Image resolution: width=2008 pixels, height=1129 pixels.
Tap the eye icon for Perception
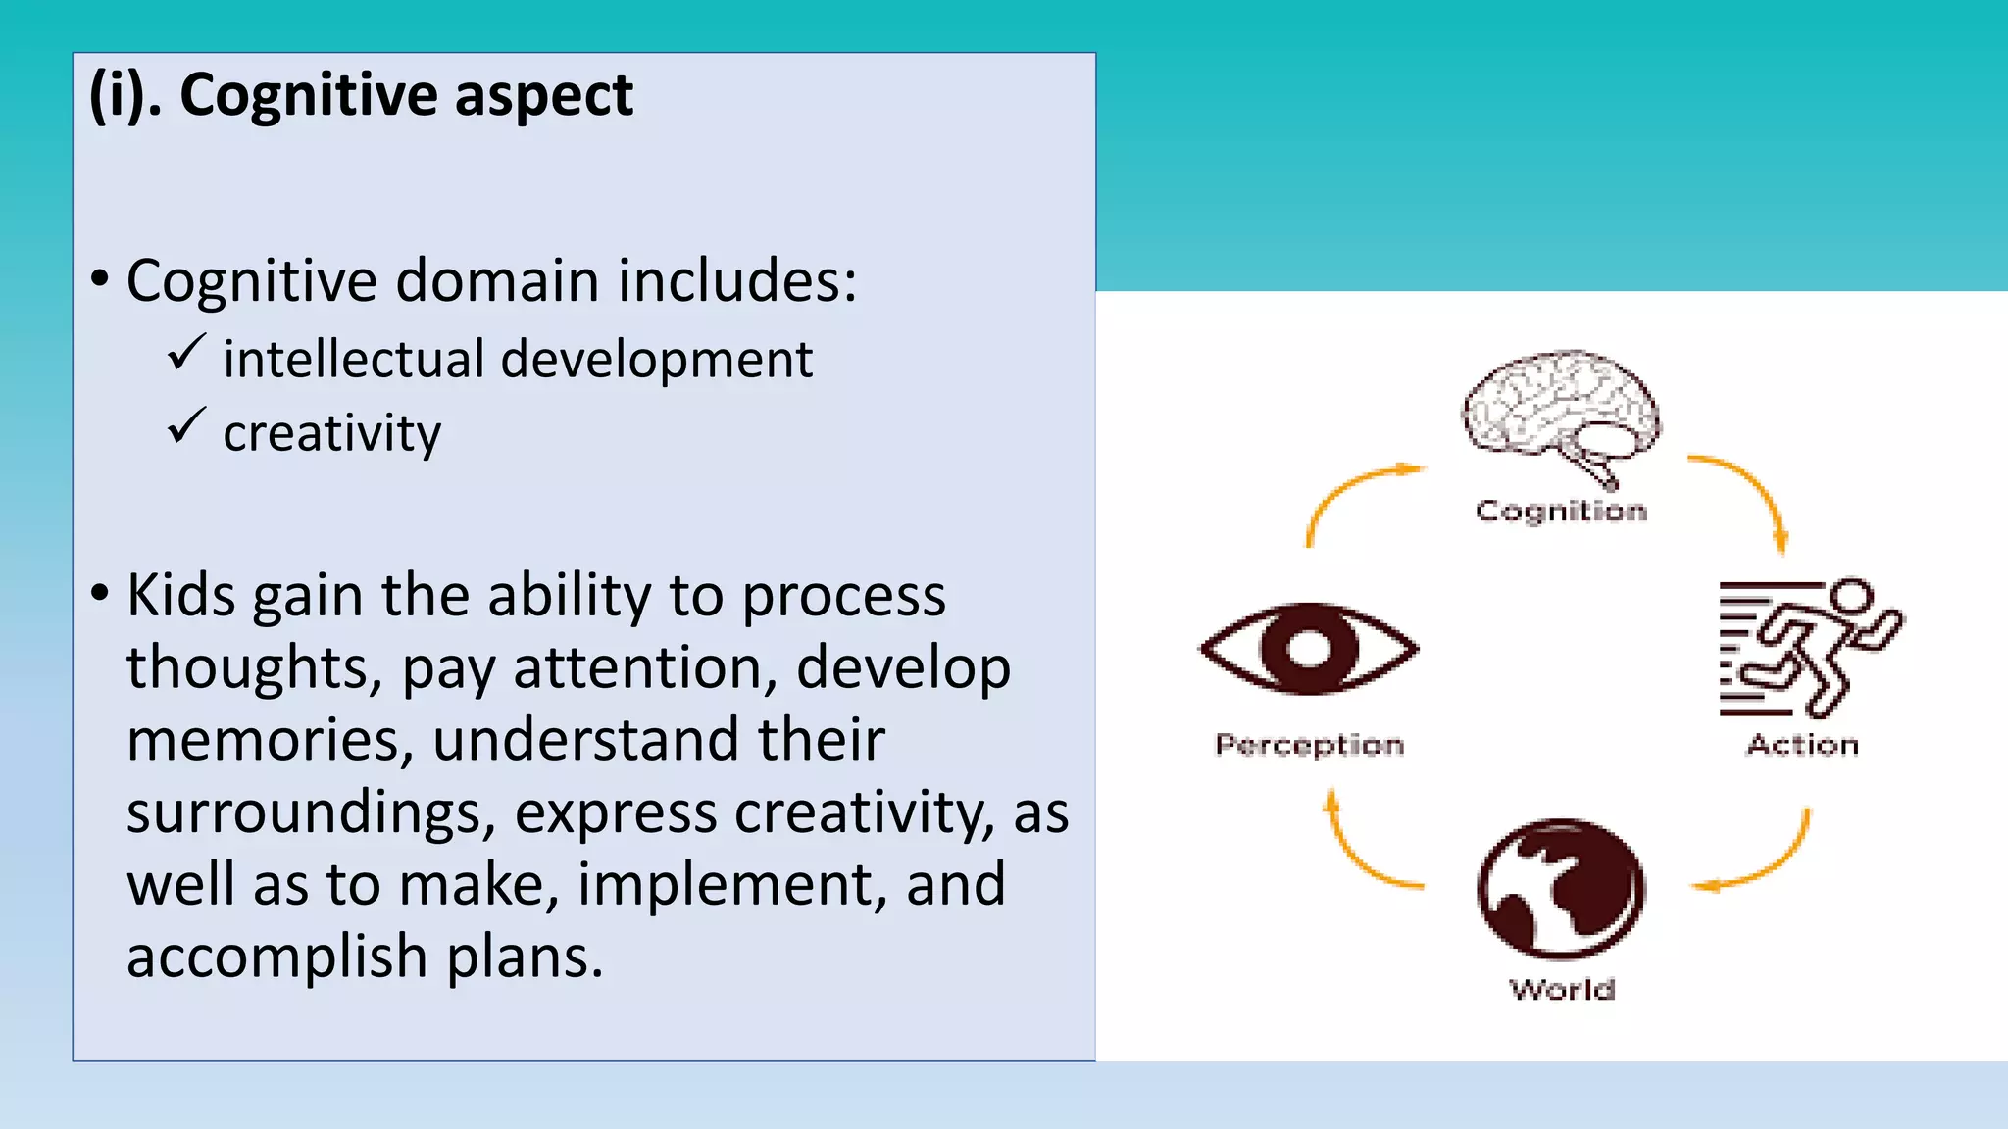click(x=1308, y=649)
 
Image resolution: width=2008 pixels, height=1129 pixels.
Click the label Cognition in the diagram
click(x=1561, y=511)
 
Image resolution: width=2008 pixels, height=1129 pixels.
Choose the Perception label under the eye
click(x=1309, y=745)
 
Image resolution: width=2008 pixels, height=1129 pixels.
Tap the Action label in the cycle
click(x=1802, y=745)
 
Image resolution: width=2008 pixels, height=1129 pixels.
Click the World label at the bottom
click(x=1562, y=989)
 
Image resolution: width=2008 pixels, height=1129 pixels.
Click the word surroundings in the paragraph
click(x=311, y=812)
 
